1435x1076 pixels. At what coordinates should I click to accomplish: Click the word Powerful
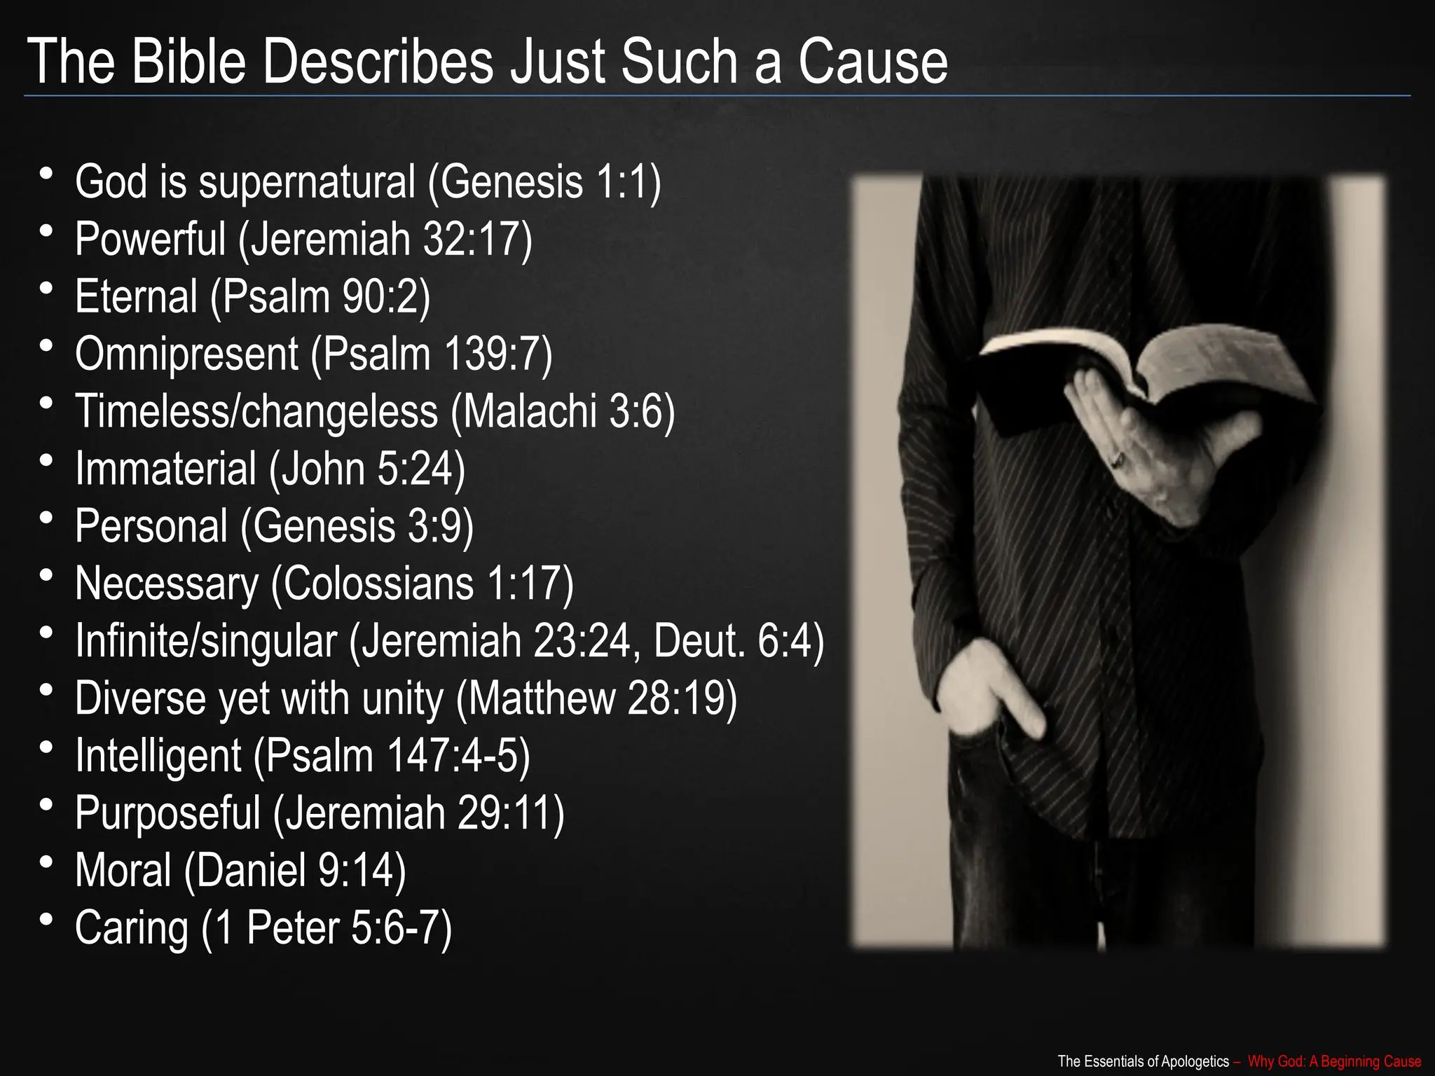pyautogui.click(x=150, y=239)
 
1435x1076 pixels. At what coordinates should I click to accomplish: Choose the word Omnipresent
pyautogui.click(x=186, y=354)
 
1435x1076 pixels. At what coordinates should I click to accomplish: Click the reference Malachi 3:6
pyautogui.click(x=563, y=411)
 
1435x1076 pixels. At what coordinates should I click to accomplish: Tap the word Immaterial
pyautogui.click(x=165, y=469)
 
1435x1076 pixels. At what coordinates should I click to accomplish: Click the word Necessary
pyautogui.click(x=167, y=584)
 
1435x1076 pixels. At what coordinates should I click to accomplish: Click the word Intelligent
pyautogui.click(x=158, y=756)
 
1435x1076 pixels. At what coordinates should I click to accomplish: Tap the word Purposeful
pyautogui.click(x=167, y=813)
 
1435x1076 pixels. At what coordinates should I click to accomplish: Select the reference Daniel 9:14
pyautogui.click(x=295, y=871)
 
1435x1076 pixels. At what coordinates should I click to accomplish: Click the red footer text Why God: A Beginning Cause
pyautogui.click(x=1334, y=1061)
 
